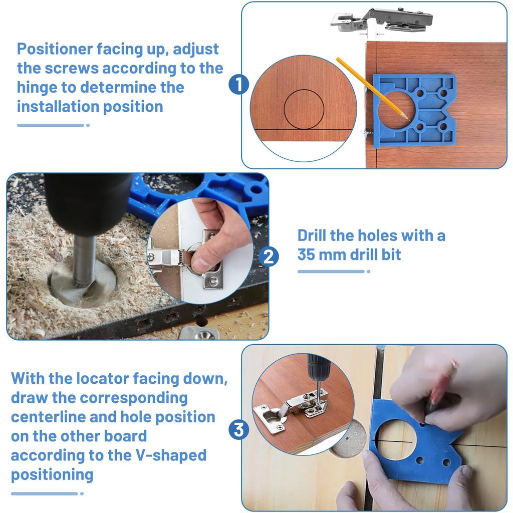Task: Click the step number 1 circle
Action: pos(239,84)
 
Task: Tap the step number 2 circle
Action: pos(269,256)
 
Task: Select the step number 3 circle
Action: pos(239,429)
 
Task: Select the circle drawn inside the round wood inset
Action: pos(304,109)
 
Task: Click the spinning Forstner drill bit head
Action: pos(83,285)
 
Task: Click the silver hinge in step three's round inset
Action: pos(291,408)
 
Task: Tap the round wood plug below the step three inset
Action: pos(348,439)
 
